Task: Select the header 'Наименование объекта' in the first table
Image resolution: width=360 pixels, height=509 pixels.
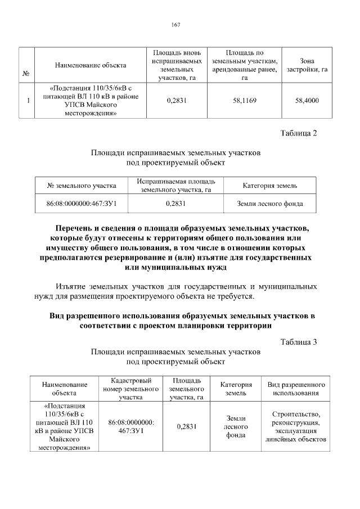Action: [x=91, y=65]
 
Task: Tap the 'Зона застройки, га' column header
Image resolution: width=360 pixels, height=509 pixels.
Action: [x=307, y=65]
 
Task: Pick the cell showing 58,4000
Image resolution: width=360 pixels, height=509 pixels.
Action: [x=307, y=101]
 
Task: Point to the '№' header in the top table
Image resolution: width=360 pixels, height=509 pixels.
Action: [x=26, y=74]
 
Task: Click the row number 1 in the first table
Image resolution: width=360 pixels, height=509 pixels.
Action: [x=28, y=101]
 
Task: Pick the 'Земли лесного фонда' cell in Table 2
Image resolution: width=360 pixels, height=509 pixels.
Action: [x=270, y=204]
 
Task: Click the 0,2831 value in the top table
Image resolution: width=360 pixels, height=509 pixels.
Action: [x=177, y=101]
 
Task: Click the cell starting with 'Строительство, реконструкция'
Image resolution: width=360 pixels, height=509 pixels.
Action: [x=296, y=426]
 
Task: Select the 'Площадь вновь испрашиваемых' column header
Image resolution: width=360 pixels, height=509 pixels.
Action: [x=177, y=65]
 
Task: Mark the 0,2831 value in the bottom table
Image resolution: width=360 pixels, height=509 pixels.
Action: [x=186, y=426]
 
